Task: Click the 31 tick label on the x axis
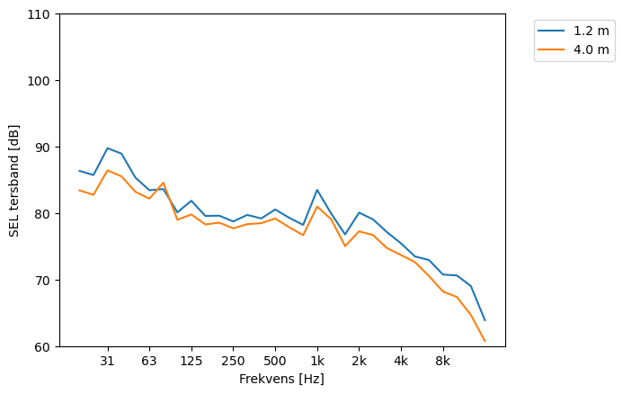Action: [x=107, y=362]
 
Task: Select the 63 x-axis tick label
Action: [x=149, y=362]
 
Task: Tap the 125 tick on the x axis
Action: [x=191, y=362]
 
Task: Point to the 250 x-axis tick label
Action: [x=233, y=362]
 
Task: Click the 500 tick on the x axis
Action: [x=275, y=362]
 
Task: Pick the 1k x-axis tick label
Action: [x=317, y=362]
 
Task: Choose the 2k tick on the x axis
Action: [x=359, y=362]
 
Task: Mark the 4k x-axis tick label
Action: [x=401, y=362]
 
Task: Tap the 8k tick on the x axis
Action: [x=442, y=362]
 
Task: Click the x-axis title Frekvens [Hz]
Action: [x=281, y=380]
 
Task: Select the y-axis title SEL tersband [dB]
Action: [x=14, y=180]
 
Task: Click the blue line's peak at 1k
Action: [x=317, y=190]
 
